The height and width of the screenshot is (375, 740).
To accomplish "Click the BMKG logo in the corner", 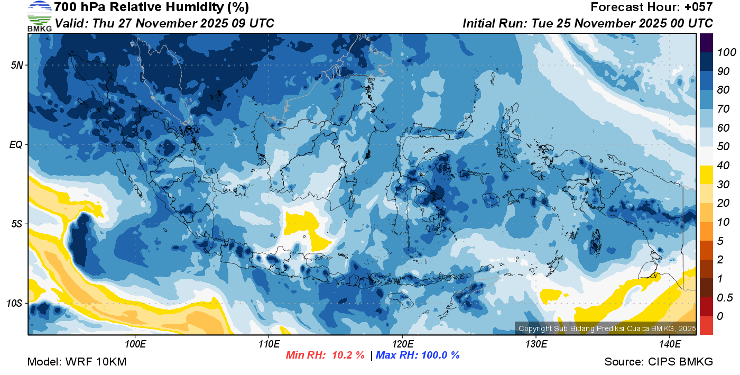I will [x=39, y=16].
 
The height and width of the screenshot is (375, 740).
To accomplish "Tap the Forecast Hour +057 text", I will [x=652, y=7].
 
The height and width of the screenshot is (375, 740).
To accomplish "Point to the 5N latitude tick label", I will [x=16, y=66].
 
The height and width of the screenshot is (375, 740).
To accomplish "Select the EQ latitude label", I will [x=16, y=144].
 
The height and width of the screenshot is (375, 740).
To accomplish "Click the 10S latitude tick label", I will [x=14, y=304].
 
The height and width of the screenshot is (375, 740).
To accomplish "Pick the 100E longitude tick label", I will [x=135, y=344].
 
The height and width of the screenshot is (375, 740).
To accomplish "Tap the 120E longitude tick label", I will [x=402, y=344].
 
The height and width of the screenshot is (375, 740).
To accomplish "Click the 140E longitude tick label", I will [x=670, y=344].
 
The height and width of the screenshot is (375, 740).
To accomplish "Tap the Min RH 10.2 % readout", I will [x=325, y=355].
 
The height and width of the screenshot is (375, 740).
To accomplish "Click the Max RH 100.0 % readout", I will [x=418, y=355].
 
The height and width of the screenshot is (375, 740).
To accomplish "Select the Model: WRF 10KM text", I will [x=77, y=362].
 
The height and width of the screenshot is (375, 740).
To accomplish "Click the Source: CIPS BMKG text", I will [x=659, y=362].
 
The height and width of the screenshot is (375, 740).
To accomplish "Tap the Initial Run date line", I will [x=588, y=23].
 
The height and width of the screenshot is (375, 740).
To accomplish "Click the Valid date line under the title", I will [x=164, y=23].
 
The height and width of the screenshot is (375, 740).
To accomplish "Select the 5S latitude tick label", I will [x=16, y=224].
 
